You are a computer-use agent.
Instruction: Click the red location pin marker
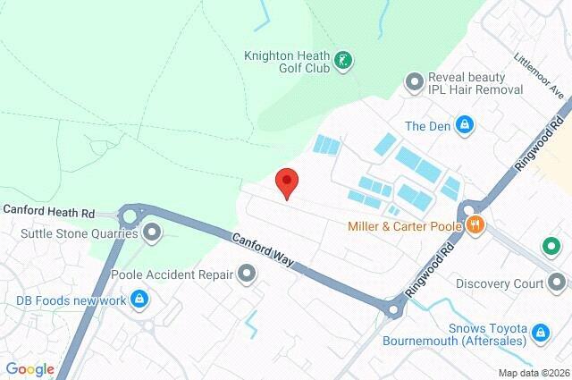pos(286,182)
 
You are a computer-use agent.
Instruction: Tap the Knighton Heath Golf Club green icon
pos(343,61)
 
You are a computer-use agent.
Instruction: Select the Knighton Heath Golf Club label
pos(287,61)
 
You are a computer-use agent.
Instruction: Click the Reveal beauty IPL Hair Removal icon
pos(414,83)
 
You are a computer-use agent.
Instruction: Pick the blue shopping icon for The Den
pos(464,125)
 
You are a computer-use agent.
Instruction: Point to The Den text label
pos(426,125)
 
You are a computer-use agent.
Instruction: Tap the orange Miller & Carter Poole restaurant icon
pos(475,225)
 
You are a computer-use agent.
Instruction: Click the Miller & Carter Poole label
pos(405,225)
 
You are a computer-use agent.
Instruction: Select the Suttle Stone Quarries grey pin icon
pos(152,234)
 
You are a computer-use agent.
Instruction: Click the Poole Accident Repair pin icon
pos(247,274)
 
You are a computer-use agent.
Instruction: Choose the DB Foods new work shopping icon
pos(139,299)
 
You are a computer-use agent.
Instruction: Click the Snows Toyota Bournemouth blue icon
pos(540,334)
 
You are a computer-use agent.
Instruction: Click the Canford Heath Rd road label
pos(48,212)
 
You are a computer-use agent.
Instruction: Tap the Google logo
pos(29,369)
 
